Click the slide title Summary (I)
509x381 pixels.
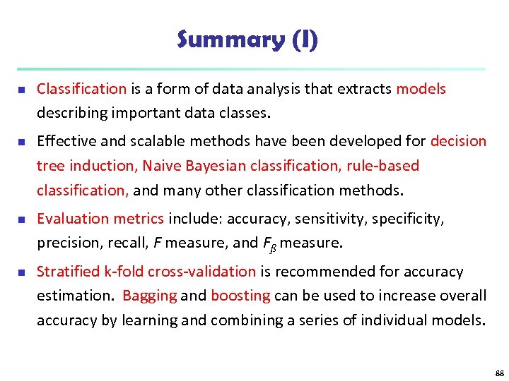tap(248, 40)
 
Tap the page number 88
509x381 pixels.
tap(499, 372)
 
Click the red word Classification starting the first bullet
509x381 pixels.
tap(81, 89)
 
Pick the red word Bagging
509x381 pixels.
tap(149, 296)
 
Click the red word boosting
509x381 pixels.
tap(240, 296)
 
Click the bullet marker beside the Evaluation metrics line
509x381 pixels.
tap(21, 219)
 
